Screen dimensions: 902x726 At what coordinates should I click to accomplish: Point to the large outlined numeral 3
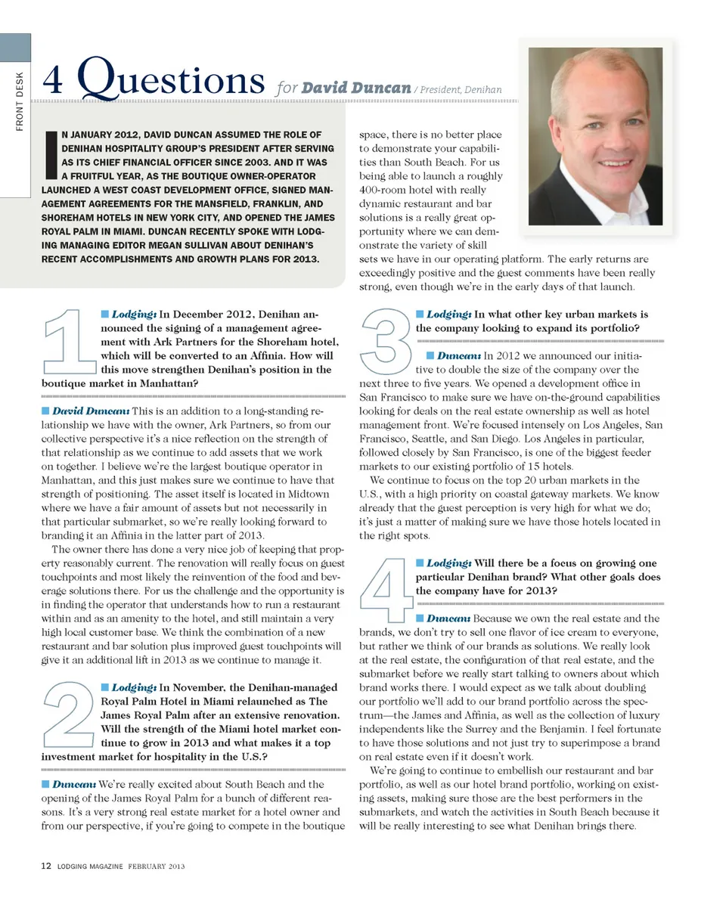click(386, 341)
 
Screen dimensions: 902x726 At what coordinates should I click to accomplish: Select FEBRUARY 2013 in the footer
click(157, 866)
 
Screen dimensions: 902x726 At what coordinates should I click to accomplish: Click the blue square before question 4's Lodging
click(420, 563)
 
